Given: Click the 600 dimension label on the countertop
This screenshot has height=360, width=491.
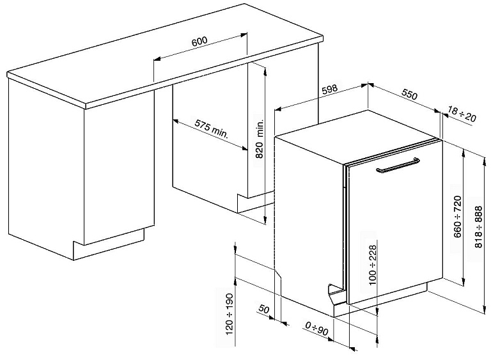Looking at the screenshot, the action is pos(199,42).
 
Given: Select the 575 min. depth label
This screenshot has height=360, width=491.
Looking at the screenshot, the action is pos(212,129).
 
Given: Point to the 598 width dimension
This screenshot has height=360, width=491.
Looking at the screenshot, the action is pos(330,90).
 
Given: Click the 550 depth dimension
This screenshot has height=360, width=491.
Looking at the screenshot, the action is pos(409,94).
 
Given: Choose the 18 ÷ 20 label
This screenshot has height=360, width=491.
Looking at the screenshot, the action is pos(462,114).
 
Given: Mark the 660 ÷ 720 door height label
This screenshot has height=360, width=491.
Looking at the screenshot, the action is pos(458,217).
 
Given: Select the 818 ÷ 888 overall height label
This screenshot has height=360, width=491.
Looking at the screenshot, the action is pos(478,227).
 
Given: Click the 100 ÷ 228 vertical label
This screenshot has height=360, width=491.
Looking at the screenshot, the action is pos(373,265).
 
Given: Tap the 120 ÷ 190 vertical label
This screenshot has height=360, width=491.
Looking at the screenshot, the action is pos(230,314).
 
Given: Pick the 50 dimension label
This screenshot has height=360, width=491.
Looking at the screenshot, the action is pos(263,309).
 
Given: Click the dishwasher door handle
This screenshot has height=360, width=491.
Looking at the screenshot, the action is pos(398,165).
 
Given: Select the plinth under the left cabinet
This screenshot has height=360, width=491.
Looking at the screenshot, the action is pos(109,245).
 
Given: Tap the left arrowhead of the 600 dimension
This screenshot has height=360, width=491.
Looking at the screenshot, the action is pos(157,59).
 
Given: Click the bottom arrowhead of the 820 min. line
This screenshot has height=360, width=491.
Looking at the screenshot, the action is pos(265,221).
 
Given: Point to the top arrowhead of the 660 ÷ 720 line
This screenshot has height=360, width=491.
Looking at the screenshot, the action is pos(463,153).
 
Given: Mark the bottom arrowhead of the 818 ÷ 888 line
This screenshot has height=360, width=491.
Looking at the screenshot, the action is pos(484,310).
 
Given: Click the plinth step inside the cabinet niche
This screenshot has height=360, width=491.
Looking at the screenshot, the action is pos(254,203).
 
